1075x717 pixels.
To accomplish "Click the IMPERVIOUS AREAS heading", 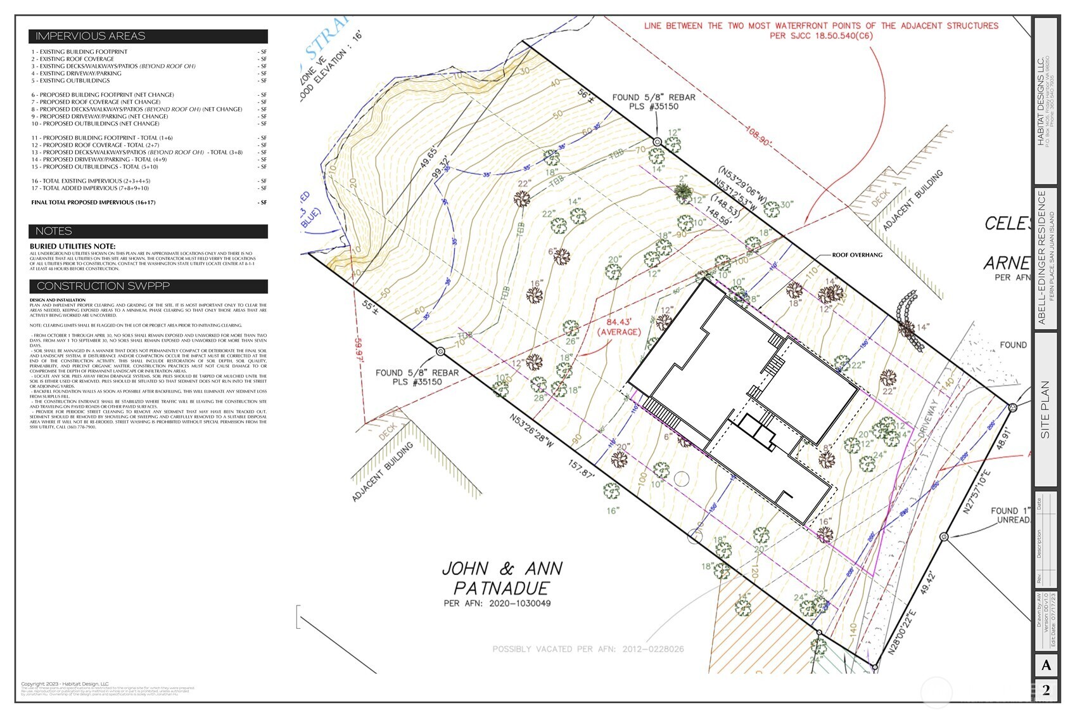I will tap(90, 36).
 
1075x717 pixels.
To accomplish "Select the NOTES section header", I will tap(54, 231).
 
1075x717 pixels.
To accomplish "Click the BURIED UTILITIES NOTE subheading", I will tap(73, 246).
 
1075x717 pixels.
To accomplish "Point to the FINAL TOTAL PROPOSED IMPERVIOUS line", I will tap(93, 203).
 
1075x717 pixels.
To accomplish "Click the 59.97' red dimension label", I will tap(360, 349).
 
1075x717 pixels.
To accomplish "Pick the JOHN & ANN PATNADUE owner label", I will tap(502, 578).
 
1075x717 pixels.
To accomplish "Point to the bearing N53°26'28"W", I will tap(532, 431).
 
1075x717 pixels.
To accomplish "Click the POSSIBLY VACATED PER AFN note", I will tap(588, 649).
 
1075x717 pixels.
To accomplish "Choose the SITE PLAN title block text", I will tap(1045, 409).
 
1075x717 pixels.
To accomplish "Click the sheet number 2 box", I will tap(1046, 690).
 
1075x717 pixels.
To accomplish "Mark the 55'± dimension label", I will tap(369, 308).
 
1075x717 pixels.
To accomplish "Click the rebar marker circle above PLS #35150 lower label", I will tap(441, 351).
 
